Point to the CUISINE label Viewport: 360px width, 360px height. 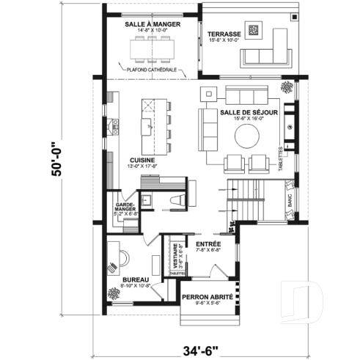click(142, 159)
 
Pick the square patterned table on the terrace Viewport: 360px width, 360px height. click(254, 30)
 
